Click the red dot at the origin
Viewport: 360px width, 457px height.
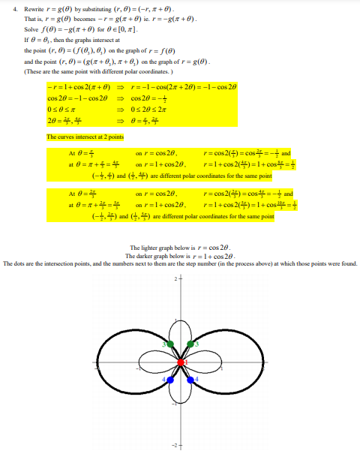pos(181,363)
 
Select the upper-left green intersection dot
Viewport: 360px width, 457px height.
pos(171,344)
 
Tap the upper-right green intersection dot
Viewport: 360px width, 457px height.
pos(190,344)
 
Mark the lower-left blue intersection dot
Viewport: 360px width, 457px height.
pos(171,380)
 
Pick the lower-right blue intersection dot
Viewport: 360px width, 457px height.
pos(190,380)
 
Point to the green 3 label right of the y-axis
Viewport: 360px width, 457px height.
pos(197,344)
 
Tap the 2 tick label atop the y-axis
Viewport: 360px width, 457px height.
pos(176,279)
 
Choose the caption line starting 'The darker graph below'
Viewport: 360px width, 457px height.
pos(180,256)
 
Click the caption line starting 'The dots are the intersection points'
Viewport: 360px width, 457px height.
pos(180,263)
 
